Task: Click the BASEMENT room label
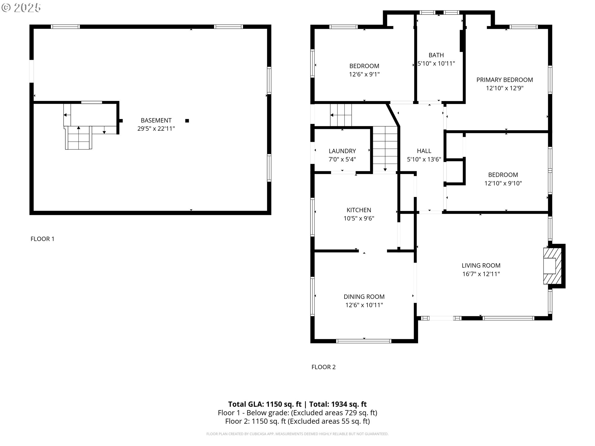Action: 156,120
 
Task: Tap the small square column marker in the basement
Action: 187,121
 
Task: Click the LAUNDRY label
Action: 342,151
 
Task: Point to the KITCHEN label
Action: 359,210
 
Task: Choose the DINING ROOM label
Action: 364,296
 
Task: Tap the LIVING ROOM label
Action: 481,265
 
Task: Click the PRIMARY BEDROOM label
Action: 505,80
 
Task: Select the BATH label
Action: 436,55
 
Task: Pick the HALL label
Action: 424,151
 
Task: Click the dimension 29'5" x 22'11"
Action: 156,129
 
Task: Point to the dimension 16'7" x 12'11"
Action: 481,274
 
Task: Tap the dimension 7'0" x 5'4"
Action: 342,159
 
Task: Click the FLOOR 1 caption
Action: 42,239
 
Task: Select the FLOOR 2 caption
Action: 324,367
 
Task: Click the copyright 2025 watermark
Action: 21,8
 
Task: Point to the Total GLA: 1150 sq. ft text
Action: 265,404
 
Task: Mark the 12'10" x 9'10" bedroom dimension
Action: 503,183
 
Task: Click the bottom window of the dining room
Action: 364,341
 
